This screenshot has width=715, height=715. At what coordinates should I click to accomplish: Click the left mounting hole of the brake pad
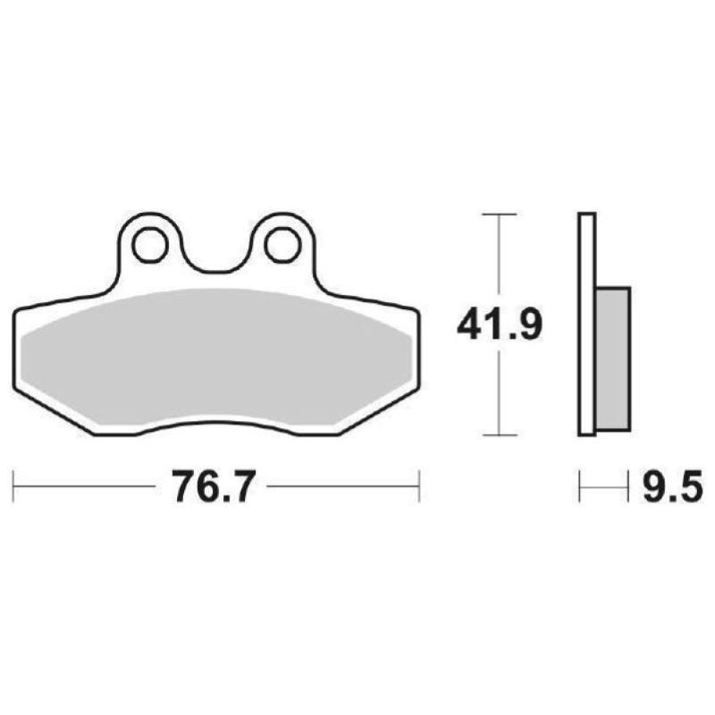(x=148, y=241)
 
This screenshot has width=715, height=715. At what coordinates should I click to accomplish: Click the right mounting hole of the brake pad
(x=282, y=241)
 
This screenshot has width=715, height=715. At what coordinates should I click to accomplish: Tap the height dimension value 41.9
(x=499, y=325)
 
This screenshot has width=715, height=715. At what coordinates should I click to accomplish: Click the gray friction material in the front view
(x=214, y=357)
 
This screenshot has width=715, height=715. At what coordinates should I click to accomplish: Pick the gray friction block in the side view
(x=612, y=357)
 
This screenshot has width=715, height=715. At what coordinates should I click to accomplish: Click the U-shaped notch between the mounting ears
(x=215, y=259)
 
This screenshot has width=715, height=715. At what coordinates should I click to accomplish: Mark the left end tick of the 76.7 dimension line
(x=14, y=488)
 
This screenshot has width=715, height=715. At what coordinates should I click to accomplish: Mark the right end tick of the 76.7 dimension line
(x=419, y=488)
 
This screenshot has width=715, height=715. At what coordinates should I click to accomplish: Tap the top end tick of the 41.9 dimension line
(x=499, y=214)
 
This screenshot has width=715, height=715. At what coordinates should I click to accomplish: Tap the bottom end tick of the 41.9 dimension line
(x=499, y=436)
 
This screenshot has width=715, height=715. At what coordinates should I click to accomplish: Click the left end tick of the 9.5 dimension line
(x=580, y=488)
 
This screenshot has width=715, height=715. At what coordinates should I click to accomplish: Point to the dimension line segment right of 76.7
(x=344, y=488)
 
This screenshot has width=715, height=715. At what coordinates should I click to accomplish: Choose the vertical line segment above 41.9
(x=499, y=259)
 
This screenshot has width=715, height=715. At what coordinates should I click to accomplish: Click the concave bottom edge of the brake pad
(x=215, y=426)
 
